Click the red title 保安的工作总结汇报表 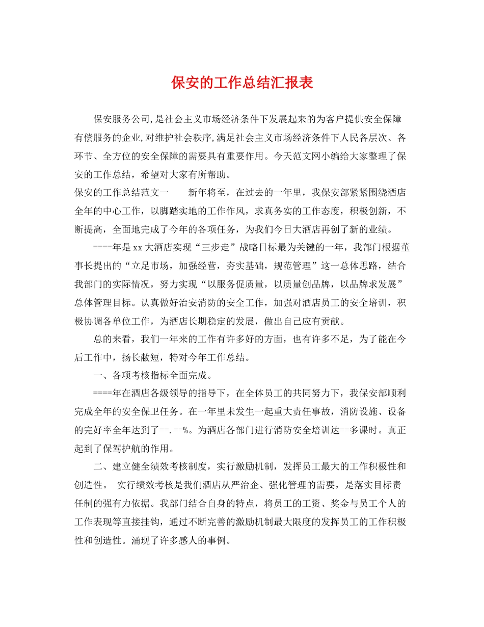[242, 83]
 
